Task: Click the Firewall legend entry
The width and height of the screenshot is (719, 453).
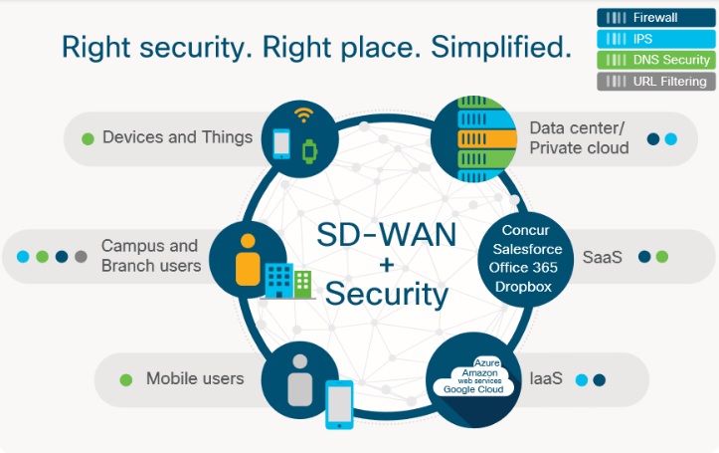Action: [655, 18]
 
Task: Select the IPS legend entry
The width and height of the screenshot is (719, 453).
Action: [655, 39]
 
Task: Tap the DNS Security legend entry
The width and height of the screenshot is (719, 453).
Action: [655, 60]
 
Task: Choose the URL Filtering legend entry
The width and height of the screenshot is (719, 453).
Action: [655, 82]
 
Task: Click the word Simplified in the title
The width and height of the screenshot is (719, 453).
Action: [501, 47]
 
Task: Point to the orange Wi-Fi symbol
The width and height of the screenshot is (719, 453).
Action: [304, 114]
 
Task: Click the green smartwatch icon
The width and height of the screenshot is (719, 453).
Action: [310, 151]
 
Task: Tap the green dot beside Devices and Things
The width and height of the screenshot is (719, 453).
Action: [88, 138]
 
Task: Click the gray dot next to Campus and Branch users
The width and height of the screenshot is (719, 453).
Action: [81, 257]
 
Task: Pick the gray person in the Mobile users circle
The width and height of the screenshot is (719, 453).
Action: [300, 380]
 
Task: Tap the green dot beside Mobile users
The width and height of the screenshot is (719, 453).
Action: [126, 380]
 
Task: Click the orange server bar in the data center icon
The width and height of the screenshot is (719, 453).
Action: [487, 138]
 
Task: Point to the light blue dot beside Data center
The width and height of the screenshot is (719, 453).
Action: [671, 138]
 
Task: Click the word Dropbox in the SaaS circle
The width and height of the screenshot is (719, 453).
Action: [523, 287]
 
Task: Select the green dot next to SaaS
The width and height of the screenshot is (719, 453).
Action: [662, 257]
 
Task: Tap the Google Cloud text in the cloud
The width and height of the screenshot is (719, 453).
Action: [473, 389]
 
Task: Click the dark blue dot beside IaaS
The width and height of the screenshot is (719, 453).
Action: [600, 380]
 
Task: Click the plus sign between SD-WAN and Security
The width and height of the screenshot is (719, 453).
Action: [387, 265]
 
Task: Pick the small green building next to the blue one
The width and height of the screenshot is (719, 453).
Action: [302, 284]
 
